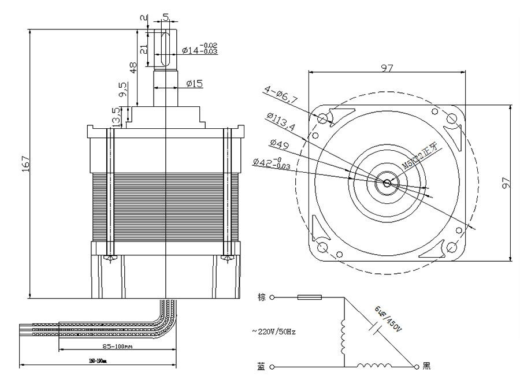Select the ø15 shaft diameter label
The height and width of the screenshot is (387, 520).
(195, 84)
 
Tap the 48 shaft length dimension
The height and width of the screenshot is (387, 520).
(133, 67)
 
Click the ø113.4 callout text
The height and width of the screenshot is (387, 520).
(281, 123)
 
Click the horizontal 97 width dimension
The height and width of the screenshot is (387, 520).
(387, 68)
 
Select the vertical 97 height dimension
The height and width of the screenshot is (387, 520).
(506, 183)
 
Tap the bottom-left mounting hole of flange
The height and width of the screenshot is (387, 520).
(322, 248)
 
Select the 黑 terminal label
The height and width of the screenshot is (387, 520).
(426, 366)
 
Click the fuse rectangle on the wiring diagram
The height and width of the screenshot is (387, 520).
(309, 298)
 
